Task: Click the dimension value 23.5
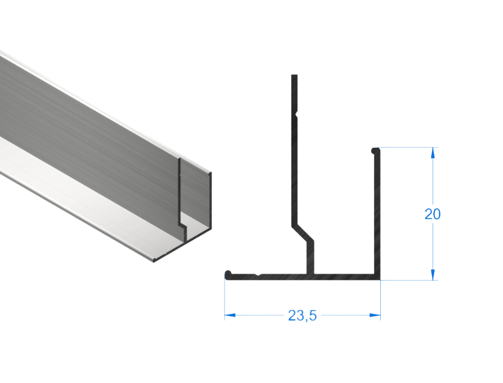tap(302, 316)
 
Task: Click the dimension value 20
tap(432, 214)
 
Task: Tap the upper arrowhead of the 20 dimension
tap(433, 151)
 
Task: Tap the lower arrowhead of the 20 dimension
tap(433, 276)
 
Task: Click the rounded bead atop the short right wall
tap(375, 150)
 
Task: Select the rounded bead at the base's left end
tap(228, 275)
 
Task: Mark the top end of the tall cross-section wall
tap(294, 76)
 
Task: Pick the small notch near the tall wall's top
tap(296, 111)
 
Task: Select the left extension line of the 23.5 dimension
tap(225, 300)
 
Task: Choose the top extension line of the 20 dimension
tap(407, 147)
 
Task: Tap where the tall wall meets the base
tap(309, 272)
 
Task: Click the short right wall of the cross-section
tap(378, 214)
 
